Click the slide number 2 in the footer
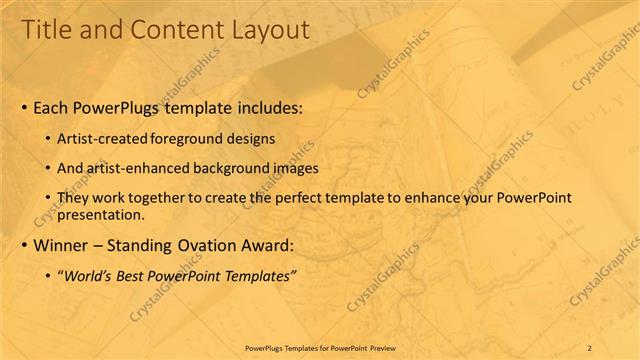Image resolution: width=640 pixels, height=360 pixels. click(x=590, y=347)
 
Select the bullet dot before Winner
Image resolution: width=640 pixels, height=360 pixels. click(x=24, y=245)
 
